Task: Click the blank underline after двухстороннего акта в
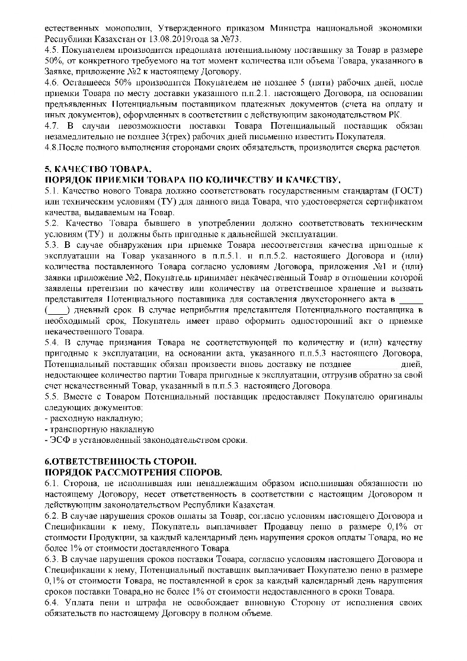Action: coord(410,301)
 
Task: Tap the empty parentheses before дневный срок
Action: coord(57,311)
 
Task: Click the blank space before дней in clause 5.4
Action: coord(377,365)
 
